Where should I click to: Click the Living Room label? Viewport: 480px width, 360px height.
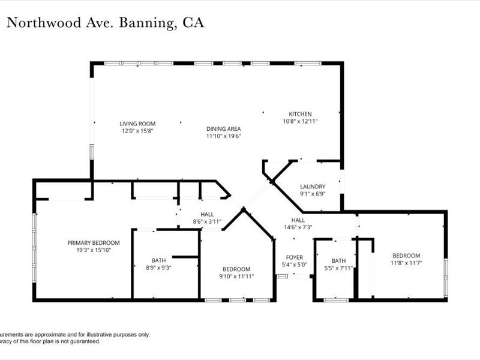point(137,124)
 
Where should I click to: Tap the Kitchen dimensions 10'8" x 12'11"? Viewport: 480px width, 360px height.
point(300,121)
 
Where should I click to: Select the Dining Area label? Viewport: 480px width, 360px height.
point(223,128)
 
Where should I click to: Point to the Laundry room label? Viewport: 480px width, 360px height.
point(313,187)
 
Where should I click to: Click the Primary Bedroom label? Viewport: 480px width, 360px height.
point(93,243)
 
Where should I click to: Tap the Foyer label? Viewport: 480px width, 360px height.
point(294,257)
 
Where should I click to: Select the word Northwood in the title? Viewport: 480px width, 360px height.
point(41,23)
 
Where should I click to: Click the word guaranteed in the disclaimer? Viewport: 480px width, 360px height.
point(85,341)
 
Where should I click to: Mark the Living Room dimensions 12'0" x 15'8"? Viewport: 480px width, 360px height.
point(137,131)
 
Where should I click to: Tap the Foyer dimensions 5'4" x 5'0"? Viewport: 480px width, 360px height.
point(294,265)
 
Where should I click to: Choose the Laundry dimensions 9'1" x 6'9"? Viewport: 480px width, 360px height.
point(313,194)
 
